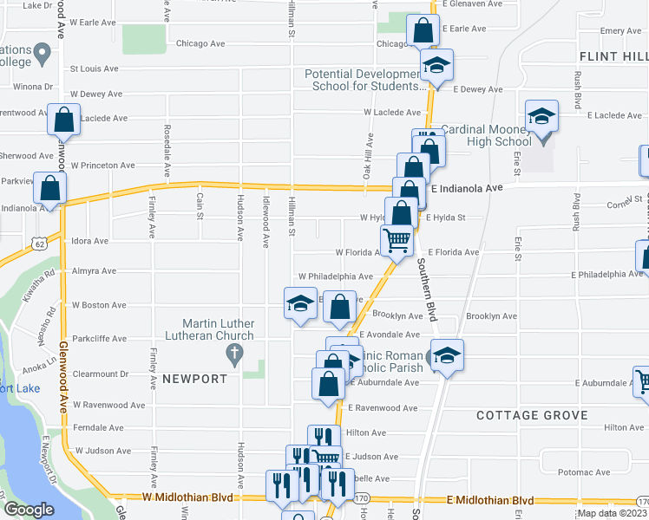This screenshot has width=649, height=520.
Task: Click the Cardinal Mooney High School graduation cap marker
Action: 542,117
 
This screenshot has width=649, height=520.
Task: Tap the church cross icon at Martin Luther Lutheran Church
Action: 233,353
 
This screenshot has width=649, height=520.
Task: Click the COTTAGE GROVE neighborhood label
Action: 533,415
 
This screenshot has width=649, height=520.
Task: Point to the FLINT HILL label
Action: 613,56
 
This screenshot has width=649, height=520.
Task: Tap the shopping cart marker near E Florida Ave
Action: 397,240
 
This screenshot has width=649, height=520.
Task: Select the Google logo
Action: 28,510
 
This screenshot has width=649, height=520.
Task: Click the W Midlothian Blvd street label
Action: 177,497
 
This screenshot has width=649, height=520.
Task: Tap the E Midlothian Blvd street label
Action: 490,500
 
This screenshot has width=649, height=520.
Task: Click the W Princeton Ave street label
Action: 103,165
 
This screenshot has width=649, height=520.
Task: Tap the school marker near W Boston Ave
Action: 300,304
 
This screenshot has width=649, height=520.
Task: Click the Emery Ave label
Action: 620,30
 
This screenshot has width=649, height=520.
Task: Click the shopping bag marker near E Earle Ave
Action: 422,31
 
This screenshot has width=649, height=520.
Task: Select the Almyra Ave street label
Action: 95,271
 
